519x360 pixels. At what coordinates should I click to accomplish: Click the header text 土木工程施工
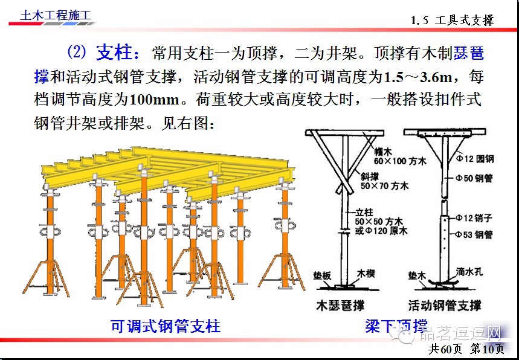(x=49, y=14)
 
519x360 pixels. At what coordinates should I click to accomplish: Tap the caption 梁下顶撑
(x=396, y=326)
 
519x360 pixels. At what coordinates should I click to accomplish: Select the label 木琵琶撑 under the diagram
(x=341, y=306)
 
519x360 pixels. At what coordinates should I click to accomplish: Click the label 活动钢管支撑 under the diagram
(x=445, y=306)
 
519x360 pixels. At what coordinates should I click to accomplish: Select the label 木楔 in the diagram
(x=366, y=274)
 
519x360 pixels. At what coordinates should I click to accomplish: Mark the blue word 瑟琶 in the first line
(x=469, y=53)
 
